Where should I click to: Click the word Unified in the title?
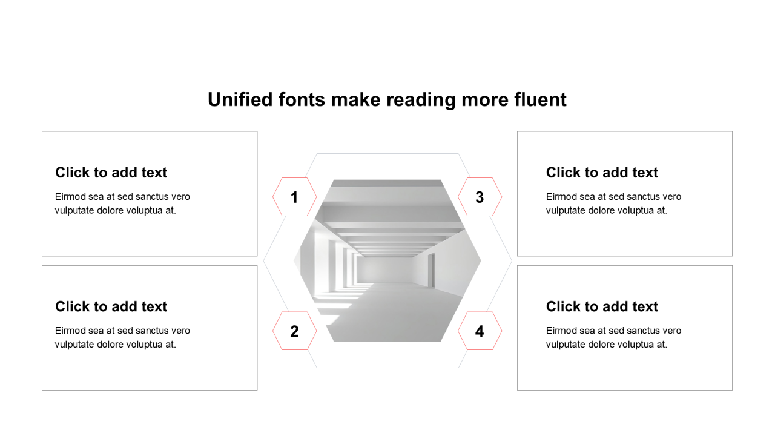point(240,100)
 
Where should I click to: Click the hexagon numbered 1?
point(294,197)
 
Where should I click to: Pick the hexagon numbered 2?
point(294,331)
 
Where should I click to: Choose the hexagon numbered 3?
point(480,197)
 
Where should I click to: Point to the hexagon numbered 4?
point(480,331)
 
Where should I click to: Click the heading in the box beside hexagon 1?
point(111,173)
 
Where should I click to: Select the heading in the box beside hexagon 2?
point(111,306)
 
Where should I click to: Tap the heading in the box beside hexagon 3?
point(602,173)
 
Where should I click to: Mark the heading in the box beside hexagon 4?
point(602,306)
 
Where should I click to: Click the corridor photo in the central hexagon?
point(387,260)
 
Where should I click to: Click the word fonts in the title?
point(302,100)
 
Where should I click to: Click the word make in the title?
point(355,100)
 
